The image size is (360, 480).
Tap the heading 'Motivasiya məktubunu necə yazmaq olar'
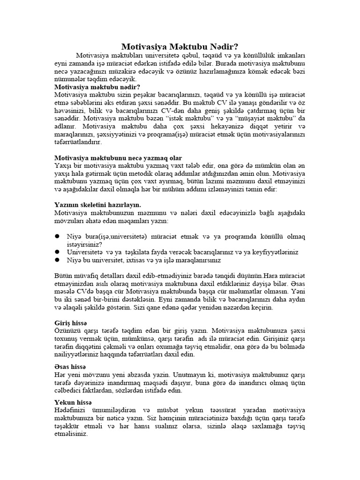(x=118, y=157)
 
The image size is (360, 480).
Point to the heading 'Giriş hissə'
(x=71, y=323)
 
